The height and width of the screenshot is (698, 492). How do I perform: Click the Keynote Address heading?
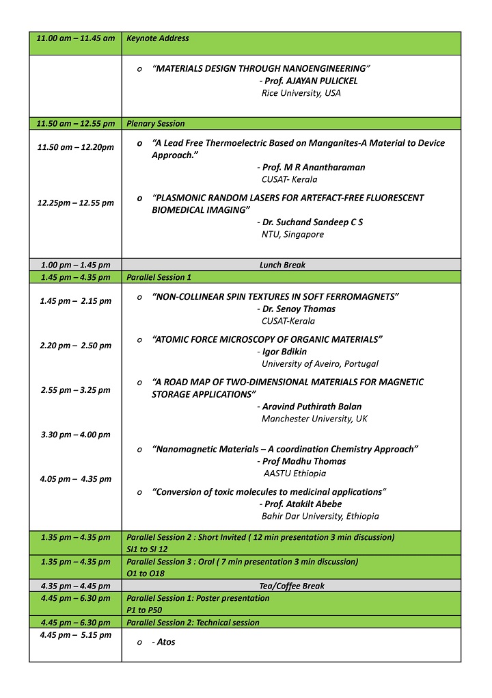click(158, 38)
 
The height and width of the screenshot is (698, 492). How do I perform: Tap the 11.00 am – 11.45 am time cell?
click(75, 38)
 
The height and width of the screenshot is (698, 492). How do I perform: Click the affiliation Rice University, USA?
click(301, 93)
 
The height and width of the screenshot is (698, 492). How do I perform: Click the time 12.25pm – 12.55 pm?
click(75, 203)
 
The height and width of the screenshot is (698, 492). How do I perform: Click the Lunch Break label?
click(282, 265)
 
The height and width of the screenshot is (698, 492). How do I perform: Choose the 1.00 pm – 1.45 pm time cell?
click(75, 265)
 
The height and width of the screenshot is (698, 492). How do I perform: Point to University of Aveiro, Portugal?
click(320, 364)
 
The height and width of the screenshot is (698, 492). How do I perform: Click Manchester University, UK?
click(314, 419)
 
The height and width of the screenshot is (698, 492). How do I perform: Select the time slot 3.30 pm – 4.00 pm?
click(75, 435)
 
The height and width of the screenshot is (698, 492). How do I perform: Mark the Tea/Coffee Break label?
click(282, 586)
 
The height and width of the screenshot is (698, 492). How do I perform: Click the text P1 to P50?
click(146, 610)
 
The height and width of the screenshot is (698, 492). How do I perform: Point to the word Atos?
click(166, 642)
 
